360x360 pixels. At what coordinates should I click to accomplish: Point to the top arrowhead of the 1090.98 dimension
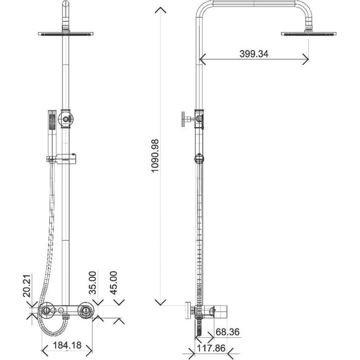(162, 10)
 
